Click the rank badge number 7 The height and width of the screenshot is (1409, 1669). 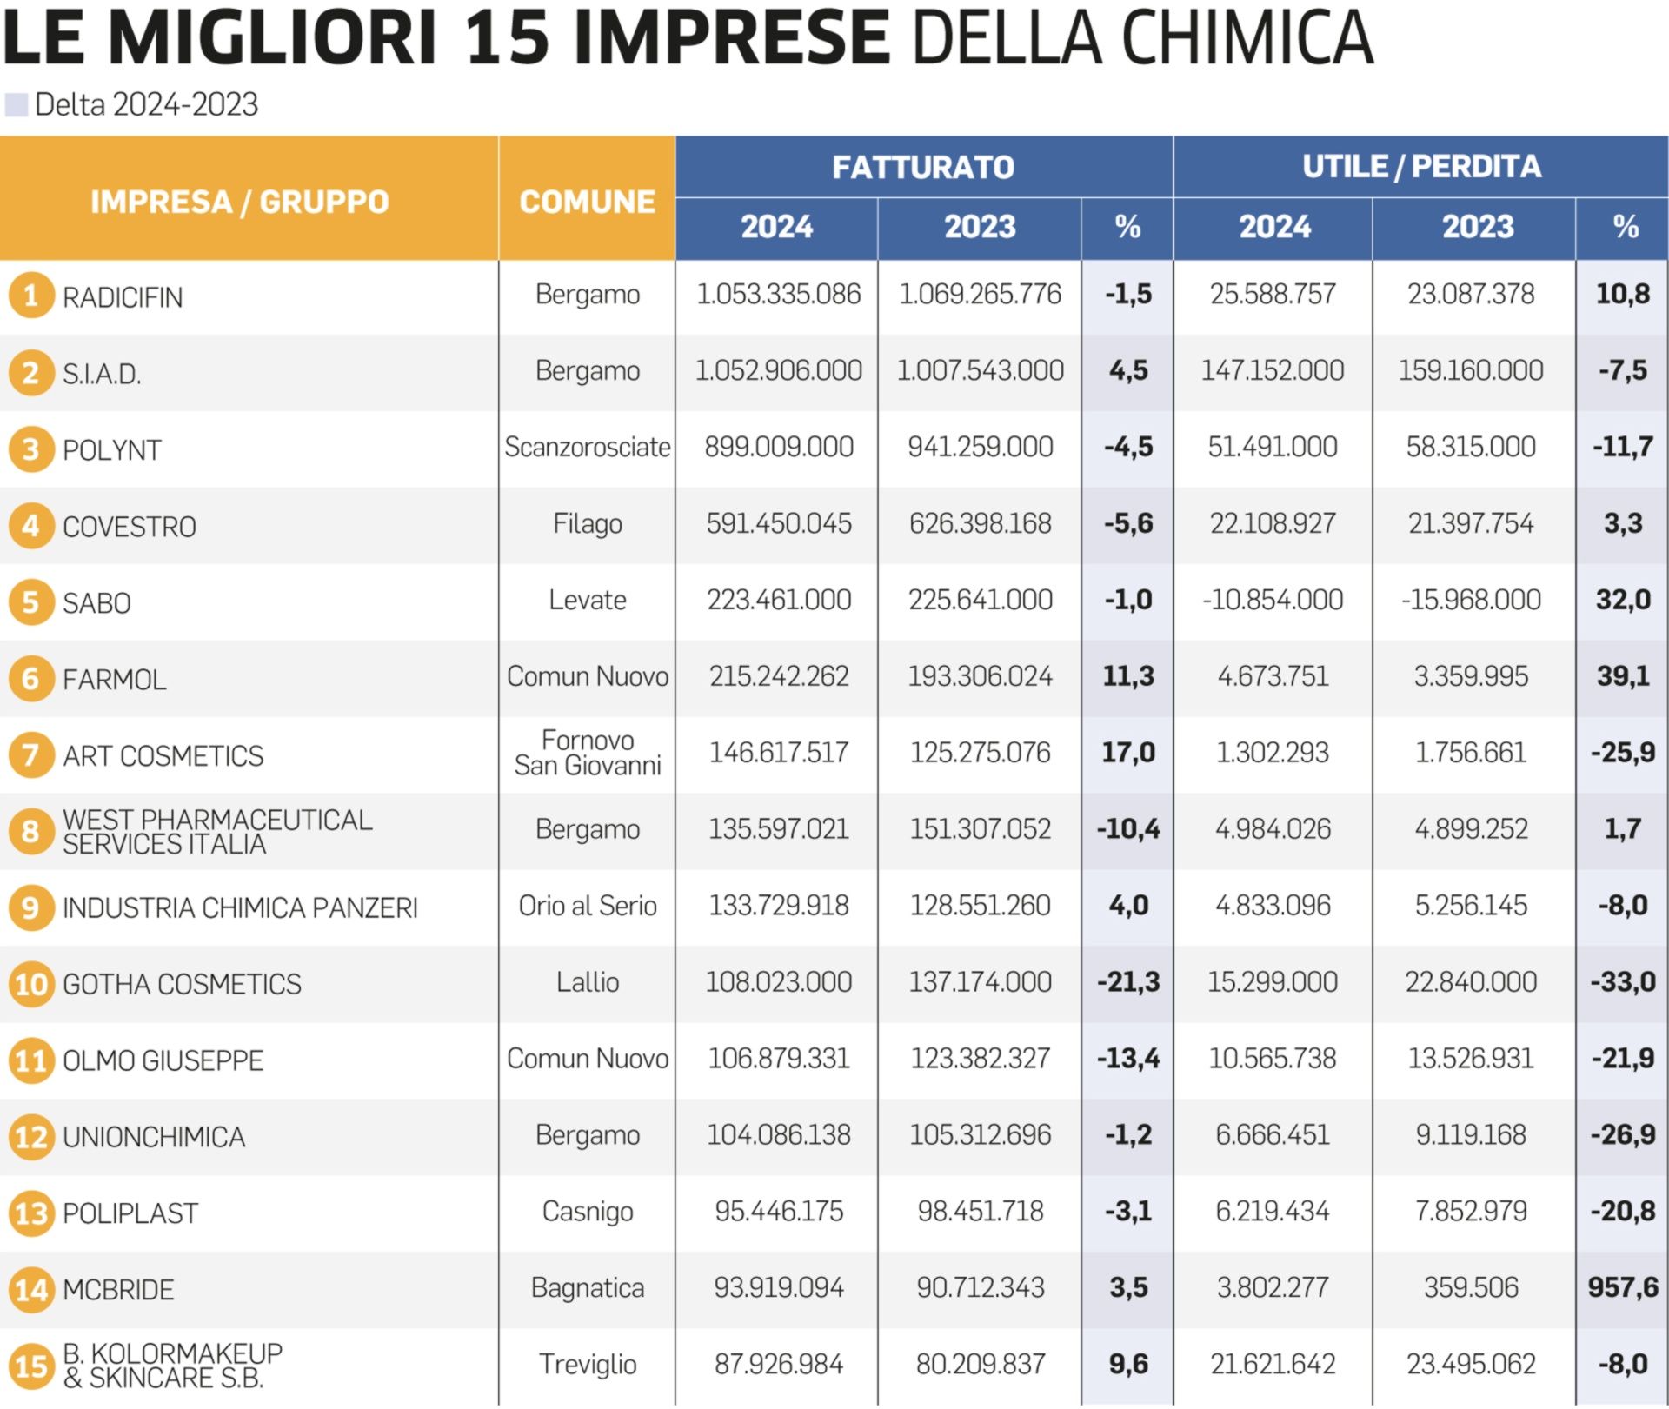pyautogui.click(x=30, y=754)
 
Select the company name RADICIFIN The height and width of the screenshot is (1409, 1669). pyautogui.click(x=123, y=297)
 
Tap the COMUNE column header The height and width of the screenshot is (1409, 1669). pyautogui.click(x=587, y=202)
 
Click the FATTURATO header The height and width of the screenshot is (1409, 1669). pyautogui.click(x=923, y=167)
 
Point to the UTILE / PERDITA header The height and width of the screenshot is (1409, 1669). pyautogui.click(x=1421, y=166)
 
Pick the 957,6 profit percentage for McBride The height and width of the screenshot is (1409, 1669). pyautogui.click(x=1623, y=1287)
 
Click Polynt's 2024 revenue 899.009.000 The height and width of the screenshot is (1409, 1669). pyautogui.click(x=779, y=448)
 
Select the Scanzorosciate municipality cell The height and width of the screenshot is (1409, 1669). pyautogui.click(x=588, y=448)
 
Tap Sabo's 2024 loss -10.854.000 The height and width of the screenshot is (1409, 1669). pyautogui.click(x=1273, y=600)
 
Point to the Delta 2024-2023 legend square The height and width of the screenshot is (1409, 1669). pyautogui.click(x=17, y=105)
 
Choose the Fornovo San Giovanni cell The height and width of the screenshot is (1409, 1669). pyautogui.click(x=588, y=753)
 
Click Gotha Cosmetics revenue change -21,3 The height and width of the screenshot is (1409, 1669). pyautogui.click(x=1128, y=982)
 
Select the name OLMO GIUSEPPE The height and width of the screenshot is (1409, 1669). pyautogui.click(x=163, y=1060)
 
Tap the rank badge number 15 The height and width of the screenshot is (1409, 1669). pyautogui.click(x=31, y=1366)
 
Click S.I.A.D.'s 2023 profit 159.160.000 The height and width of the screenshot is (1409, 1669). pyautogui.click(x=1471, y=371)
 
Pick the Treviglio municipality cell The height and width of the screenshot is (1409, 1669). pyautogui.click(x=588, y=1365)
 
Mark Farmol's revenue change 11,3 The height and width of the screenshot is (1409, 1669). pyautogui.click(x=1128, y=676)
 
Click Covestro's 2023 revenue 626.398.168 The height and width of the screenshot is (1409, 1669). pyautogui.click(x=981, y=524)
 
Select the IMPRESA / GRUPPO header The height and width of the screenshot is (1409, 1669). pyautogui.click(x=239, y=202)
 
